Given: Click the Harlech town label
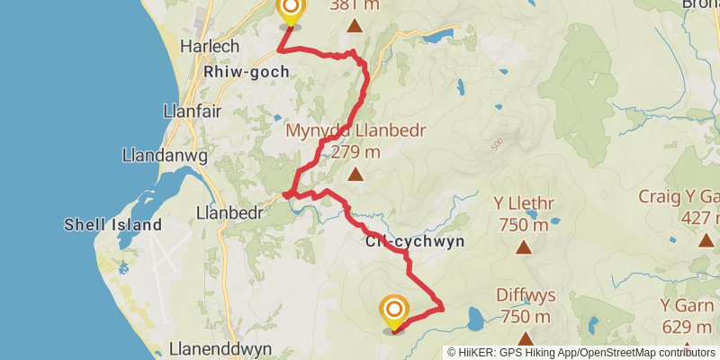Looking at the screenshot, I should click(x=208, y=46).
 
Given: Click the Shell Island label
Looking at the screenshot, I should click(x=113, y=224).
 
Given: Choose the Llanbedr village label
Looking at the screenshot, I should click(x=229, y=213).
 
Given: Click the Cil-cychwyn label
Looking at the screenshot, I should click(x=415, y=241).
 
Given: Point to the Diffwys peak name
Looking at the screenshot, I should click(x=525, y=295).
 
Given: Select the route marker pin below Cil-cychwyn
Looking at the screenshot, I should click(x=394, y=312).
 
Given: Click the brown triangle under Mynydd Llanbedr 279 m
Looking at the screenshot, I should click(x=355, y=175).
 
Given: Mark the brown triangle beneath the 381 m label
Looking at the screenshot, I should click(x=355, y=28).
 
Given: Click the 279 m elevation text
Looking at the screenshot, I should click(x=355, y=152).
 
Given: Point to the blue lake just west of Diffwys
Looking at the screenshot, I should click(x=474, y=317).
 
